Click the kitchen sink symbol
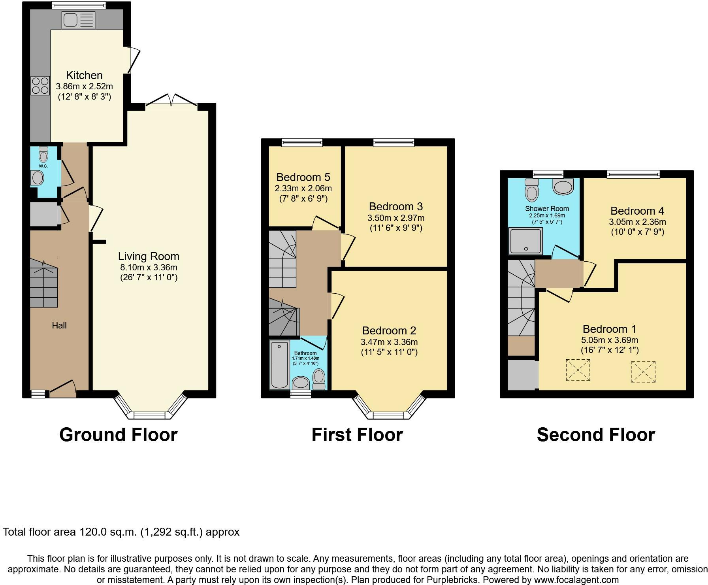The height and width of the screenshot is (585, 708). (78, 20)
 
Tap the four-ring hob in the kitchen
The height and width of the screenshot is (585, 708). (40, 86)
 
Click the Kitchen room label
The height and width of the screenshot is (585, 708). (84, 75)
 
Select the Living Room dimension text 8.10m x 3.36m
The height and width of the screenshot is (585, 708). (149, 267)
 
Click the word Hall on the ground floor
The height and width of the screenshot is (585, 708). (59, 325)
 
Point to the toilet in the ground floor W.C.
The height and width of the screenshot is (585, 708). (43, 155)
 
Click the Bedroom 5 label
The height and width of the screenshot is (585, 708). (303, 177)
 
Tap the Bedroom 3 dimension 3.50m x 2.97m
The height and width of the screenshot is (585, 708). (396, 218)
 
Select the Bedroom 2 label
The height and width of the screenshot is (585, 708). (389, 330)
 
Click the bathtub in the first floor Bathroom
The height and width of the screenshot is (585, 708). (280, 364)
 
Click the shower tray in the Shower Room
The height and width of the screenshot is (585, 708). (526, 241)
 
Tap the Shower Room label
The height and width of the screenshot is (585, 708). (547, 209)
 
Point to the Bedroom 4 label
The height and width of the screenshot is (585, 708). (637, 211)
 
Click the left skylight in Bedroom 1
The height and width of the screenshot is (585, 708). (578, 370)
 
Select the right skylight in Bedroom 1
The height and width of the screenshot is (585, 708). (643, 372)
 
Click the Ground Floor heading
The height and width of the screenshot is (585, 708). (118, 435)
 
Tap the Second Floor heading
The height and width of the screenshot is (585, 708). (596, 435)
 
